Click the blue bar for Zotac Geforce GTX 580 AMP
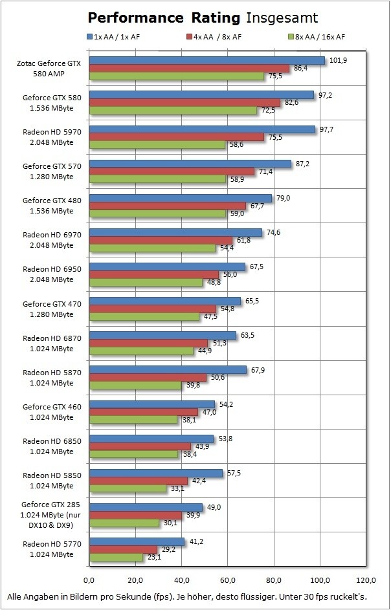207,61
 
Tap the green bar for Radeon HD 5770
117,557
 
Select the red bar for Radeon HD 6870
149,343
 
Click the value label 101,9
338,60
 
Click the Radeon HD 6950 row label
49,274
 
